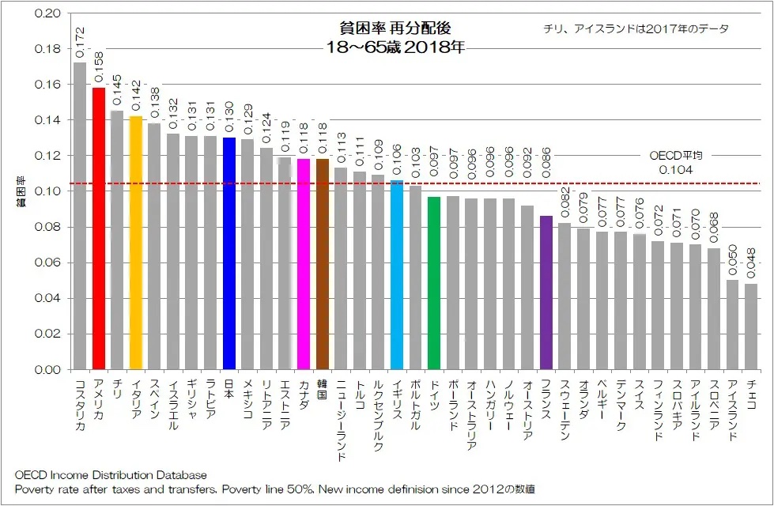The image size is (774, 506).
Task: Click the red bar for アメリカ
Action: (99, 228)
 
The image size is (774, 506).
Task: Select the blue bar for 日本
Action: (229, 253)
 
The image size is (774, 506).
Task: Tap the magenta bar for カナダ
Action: (303, 264)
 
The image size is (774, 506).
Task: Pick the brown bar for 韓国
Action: (322, 264)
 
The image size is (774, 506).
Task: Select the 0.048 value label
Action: (750, 263)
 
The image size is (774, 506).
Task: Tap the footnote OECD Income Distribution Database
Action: (111, 475)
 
